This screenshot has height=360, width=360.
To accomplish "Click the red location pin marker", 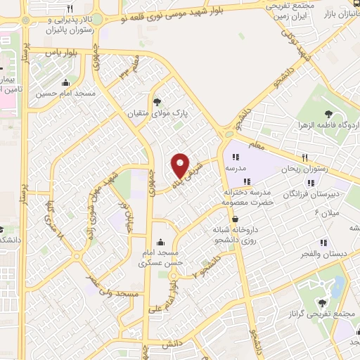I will point(181,166).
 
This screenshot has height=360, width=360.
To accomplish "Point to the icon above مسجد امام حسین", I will point(65,82).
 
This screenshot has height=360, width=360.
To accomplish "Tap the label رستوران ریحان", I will point(306,169).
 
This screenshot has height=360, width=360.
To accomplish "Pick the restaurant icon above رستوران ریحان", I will point(306,157).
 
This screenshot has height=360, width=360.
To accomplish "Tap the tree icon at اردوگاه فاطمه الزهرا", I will point(328,113).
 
